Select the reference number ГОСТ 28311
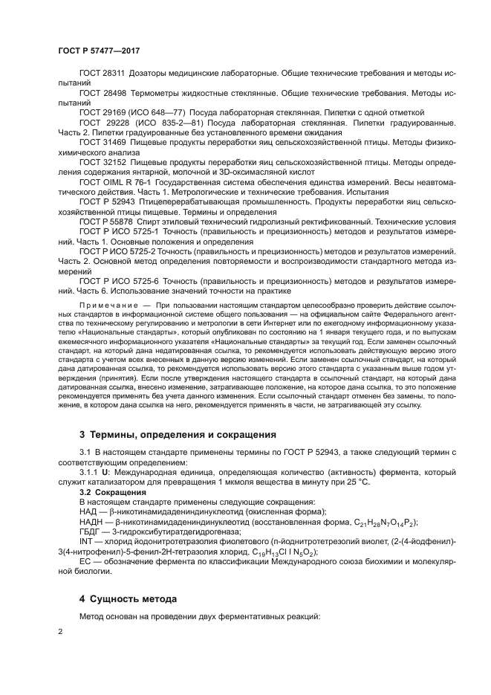click(x=103, y=75)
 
